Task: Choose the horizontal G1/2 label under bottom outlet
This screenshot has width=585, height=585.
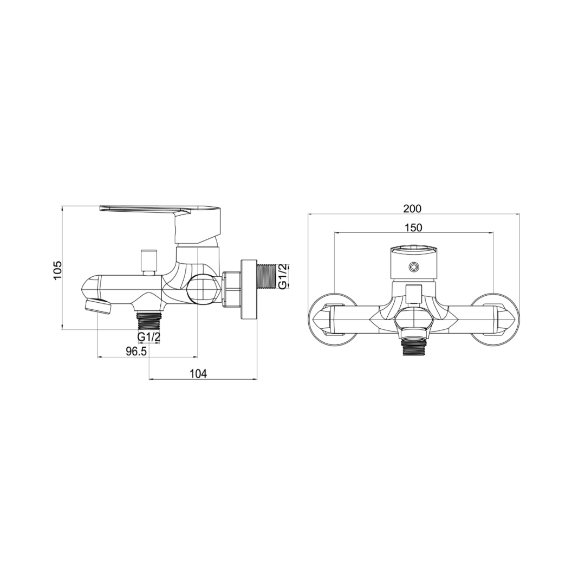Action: pyautogui.click(x=149, y=337)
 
